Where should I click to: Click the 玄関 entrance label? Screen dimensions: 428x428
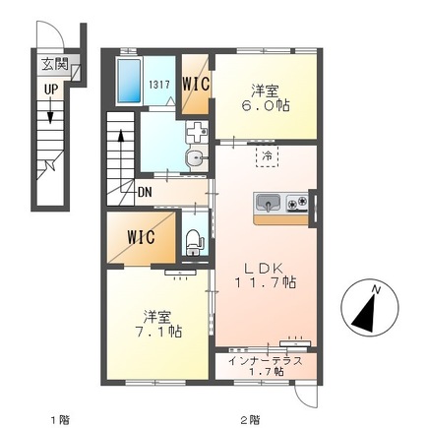55,64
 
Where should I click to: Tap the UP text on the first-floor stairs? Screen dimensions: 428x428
51,89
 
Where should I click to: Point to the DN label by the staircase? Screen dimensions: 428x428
145,192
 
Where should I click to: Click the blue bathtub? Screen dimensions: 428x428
129,81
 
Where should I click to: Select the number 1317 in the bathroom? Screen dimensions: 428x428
159,85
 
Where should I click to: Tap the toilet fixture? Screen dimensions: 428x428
193,242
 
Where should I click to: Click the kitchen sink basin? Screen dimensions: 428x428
268,203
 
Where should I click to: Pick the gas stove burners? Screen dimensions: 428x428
297,203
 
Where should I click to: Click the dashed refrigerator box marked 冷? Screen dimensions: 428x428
267,156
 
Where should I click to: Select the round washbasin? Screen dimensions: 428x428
196,159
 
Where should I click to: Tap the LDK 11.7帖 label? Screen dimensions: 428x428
265,275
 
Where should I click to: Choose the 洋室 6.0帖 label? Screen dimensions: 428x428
271,97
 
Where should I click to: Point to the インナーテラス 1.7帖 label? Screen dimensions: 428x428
266,366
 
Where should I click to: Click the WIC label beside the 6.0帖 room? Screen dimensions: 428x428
196,85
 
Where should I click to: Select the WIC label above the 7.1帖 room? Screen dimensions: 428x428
141,237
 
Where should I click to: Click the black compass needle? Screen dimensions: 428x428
364,313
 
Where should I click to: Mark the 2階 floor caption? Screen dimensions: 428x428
251,419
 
